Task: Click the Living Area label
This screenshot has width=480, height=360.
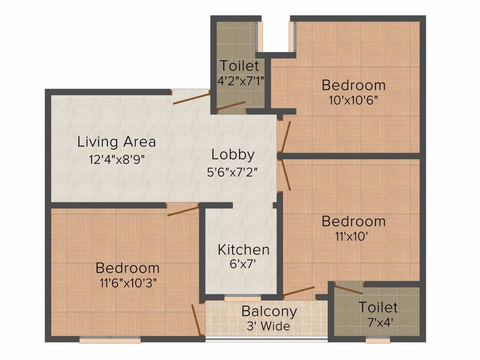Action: click(x=116, y=141)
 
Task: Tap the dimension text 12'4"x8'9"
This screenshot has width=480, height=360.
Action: click(x=116, y=159)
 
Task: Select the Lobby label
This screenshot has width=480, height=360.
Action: click(x=233, y=154)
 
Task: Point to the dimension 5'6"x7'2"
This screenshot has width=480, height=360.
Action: click(x=233, y=172)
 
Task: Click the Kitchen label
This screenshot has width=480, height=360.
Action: click(x=243, y=249)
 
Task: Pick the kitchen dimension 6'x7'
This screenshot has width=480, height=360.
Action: click(x=243, y=265)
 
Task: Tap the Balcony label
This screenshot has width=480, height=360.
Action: click(x=269, y=311)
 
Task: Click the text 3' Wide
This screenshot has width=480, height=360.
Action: click(x=269, y=326)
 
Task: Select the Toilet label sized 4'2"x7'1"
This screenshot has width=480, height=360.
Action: click(x=239, y=65)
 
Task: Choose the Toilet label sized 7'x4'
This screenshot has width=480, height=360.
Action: click(x=378, y=307)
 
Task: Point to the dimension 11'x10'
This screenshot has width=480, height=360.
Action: click(x=353, y=236)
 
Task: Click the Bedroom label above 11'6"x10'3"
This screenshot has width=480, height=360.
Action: click(x=127, y=268)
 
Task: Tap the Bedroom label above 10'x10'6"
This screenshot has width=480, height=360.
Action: click(x=353, y=85)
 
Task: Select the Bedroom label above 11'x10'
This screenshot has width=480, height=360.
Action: click(x=353, y=221)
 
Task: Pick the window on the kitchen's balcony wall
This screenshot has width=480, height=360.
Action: click(x=242, y=298)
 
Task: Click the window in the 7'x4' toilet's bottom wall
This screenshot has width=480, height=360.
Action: click(x=377, y=341)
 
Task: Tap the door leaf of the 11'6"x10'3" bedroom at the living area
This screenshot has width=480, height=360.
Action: click(x=183, y=210)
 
